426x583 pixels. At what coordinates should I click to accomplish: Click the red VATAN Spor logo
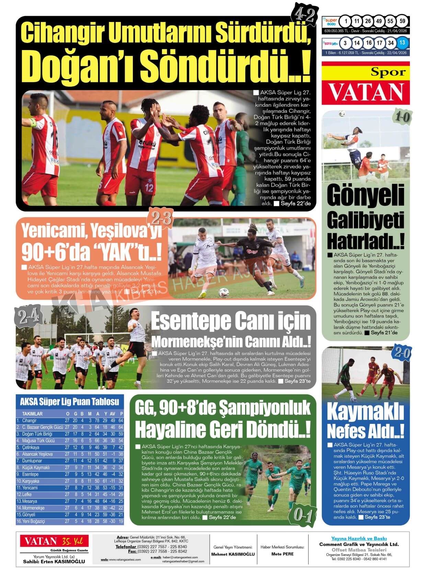point(366,83)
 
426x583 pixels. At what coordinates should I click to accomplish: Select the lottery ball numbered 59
point(402,21)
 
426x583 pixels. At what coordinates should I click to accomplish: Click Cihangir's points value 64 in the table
point(121,420)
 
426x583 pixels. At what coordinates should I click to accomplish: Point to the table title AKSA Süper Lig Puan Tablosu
point(70,401)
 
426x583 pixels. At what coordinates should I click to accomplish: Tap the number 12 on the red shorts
point(149,188)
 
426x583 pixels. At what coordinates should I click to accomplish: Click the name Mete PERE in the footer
point(282,554)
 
